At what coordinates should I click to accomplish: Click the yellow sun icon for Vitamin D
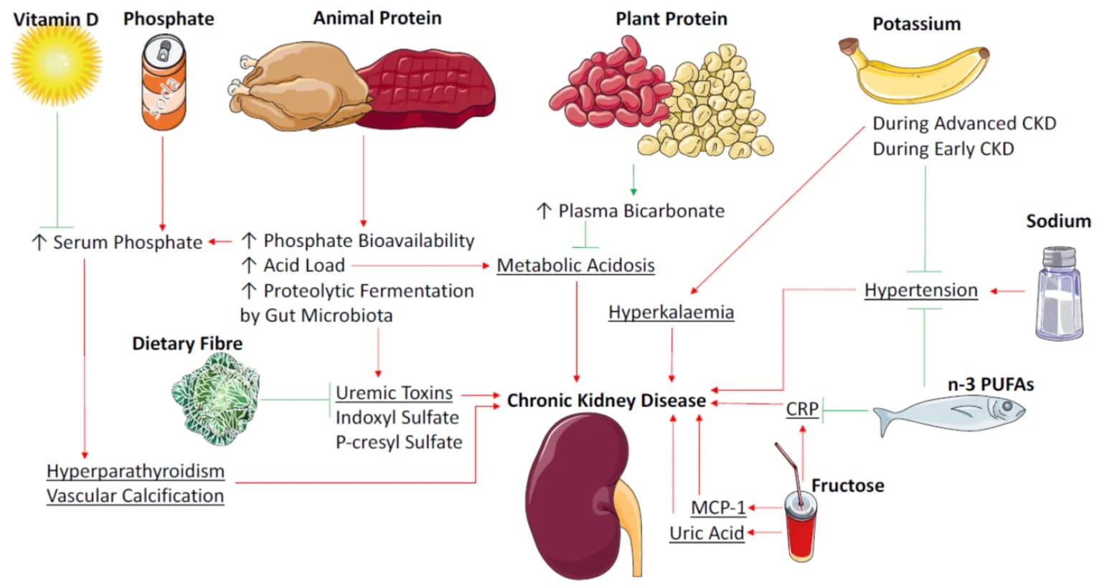[57, 63]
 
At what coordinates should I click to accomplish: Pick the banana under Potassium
[915, 72]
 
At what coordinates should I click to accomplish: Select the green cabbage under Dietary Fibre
[215, 398]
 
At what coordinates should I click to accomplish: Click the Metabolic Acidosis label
[575, 266]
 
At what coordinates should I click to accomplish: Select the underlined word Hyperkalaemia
[671, 312]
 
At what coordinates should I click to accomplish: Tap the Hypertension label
[920, 290]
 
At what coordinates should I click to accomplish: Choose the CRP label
[802, 409]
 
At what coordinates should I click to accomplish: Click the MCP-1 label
[718, 508]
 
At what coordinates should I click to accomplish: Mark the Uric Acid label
[706, 533]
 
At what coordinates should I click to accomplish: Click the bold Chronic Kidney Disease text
[606, 401]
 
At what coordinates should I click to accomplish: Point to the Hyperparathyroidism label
[136, 471]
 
